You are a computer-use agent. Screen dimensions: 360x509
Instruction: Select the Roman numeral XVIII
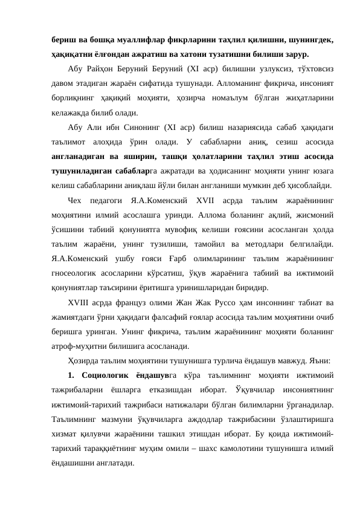click(82, 302)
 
